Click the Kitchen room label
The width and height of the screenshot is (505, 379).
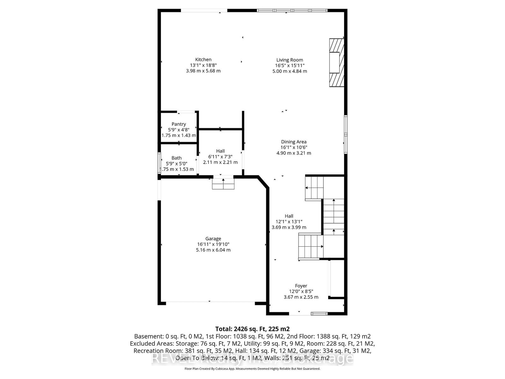tap(203, 59)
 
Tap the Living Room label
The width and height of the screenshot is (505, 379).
tap(289, 60)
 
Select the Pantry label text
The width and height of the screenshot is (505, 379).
tap(179, 124)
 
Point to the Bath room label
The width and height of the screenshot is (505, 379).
tap(176, 158)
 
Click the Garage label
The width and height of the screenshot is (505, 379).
tap(213, 239)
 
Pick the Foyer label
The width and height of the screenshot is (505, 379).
tap(301, 286)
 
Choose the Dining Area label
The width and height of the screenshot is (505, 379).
tap(294, 142)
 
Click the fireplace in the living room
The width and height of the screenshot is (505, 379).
tap(336, 63)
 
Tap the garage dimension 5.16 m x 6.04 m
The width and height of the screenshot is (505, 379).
tap(213, 250)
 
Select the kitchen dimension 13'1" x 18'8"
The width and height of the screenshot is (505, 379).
tap(203, 65)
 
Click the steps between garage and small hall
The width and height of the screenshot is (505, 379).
tap(223, 183)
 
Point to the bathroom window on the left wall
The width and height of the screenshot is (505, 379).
tap(159, 163)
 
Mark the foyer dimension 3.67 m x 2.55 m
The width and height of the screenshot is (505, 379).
tap(301, 297)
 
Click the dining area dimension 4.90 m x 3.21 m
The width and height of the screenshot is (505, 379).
tap(294, 153)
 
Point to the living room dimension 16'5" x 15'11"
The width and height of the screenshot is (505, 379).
tap(289, 65)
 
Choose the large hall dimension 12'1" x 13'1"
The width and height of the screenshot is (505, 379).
tap(289, 222)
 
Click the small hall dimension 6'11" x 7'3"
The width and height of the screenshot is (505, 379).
tap(220, 157)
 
